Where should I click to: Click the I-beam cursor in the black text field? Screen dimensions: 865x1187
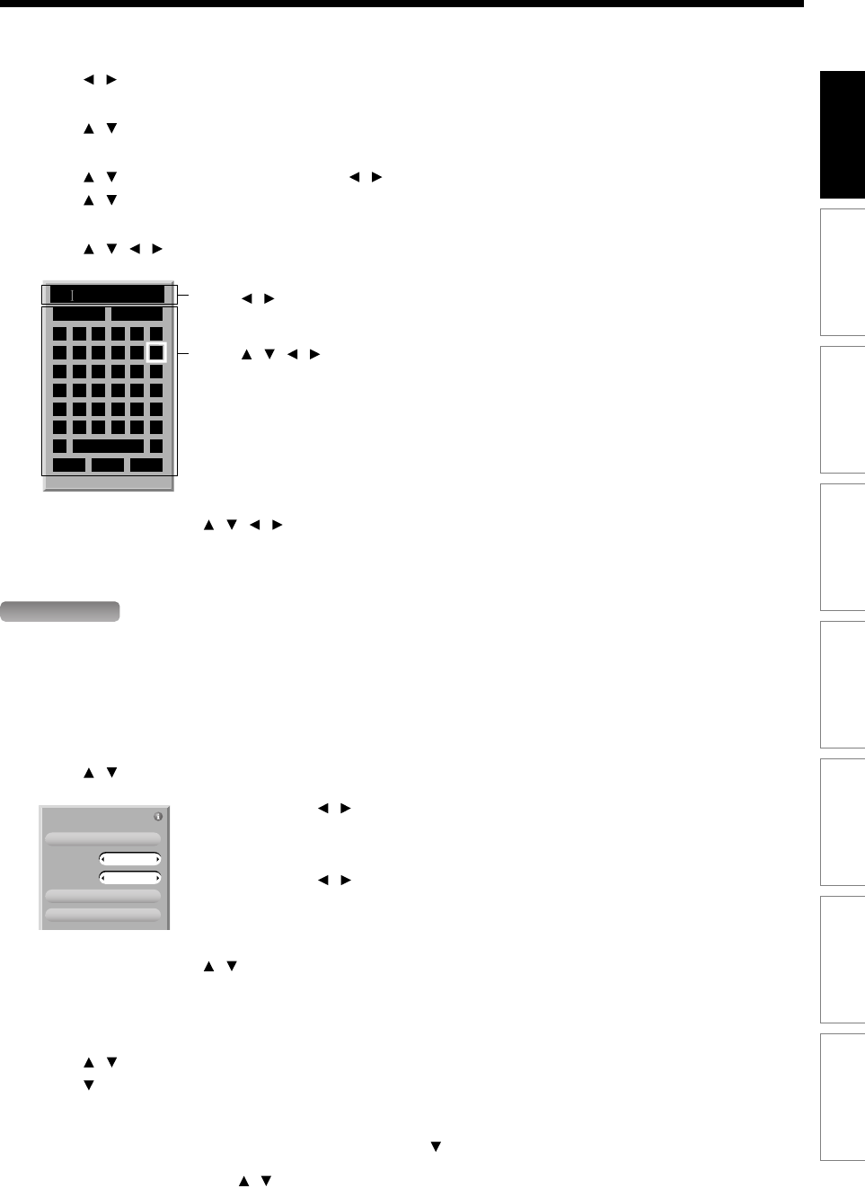point(73,295)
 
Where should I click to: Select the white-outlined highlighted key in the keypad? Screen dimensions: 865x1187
point(156,352)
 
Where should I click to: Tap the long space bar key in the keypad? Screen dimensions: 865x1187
point(108,446)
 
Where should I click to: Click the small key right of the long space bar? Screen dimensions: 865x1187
point(156,446)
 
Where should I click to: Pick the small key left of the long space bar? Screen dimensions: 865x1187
point(59,446)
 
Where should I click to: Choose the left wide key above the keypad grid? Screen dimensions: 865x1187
point(78,314)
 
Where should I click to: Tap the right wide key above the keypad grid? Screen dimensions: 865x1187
point(137,314)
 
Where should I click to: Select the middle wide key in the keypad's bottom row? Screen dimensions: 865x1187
point(108,465)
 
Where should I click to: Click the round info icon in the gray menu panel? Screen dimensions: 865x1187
point(158,817)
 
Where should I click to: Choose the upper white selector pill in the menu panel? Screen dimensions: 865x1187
point(130,859)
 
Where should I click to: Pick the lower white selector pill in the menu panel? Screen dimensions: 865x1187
point(130,877)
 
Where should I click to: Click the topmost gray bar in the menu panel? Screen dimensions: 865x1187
point(103,838)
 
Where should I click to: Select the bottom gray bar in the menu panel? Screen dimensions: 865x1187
point(103,915)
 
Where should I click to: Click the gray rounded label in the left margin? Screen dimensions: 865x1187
point(60,612)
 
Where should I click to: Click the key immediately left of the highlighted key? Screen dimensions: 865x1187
point(137,352)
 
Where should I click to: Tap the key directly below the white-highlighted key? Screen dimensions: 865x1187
point(156,371)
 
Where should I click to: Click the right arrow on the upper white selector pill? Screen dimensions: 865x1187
point(158,859)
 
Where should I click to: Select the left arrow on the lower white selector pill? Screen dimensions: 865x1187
point(103,877)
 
